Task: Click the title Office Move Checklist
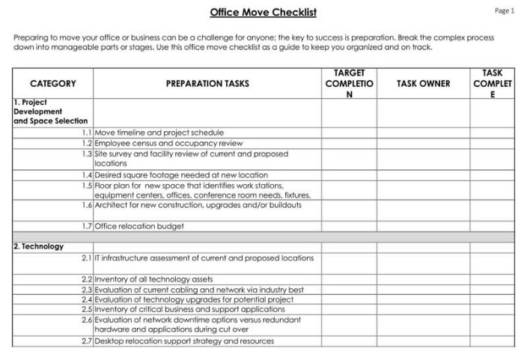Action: click(x=263, y=12)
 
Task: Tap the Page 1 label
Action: click(x=505, y=10)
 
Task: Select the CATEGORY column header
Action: click(x=52, y=84)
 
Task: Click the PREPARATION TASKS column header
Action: click(x=207, y=84)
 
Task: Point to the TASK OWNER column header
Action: click(x=423, y=84)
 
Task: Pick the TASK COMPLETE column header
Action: click(x=492, y=84)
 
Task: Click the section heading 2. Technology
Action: click(x=39, y=246)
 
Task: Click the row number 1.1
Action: click(x=87, y=132)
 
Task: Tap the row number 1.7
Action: click(x=87, y=226)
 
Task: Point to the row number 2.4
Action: click(x=87, y=299)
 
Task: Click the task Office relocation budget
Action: click(x=139, y=226)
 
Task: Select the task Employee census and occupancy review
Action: click(x=168, y=143)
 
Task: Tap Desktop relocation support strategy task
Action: click(x=184, y=341)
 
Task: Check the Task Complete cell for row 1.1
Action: click(x=492, y=132)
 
